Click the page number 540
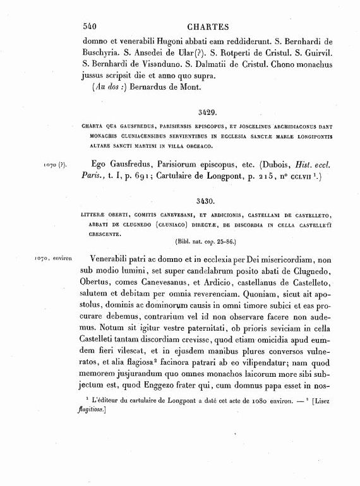pyautogui.click(x=93, y=27)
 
